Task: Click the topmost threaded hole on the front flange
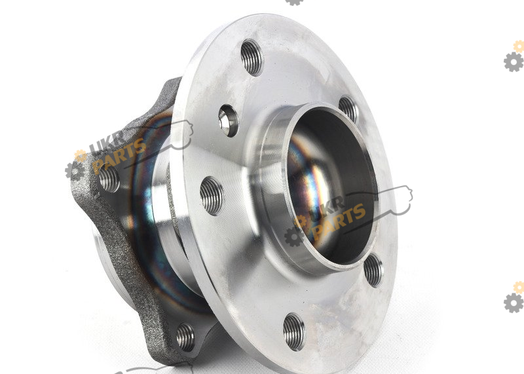pos(252,57)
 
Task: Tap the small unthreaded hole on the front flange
pos(228,121)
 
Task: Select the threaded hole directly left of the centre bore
pos(211,196)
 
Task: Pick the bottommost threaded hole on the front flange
pos(294,332)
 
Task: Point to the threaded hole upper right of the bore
pos(348,109)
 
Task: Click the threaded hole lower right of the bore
pos(373,270)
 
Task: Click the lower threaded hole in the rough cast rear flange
pos(185,337)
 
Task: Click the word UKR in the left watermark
pos(107,142)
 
